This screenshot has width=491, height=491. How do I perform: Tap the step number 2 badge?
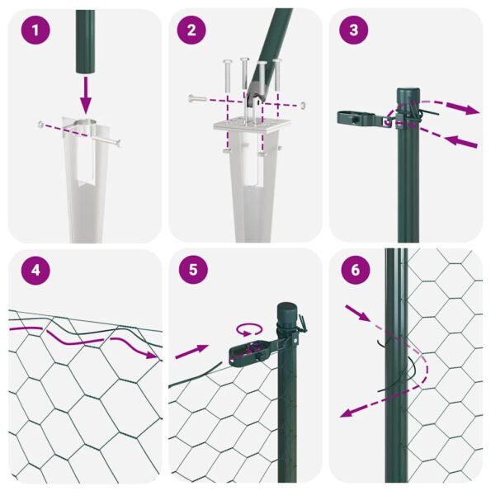pos(191,31)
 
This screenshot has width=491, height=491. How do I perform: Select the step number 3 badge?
pos(354,31)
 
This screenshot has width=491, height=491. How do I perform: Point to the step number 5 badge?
pos(191,271)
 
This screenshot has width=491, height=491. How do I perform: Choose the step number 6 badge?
pos(354,271)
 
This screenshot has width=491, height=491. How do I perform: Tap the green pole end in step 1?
pos(86,41)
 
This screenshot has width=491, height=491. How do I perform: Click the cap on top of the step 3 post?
pos(408,92)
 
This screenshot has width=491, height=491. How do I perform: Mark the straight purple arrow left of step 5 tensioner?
pos(191,352)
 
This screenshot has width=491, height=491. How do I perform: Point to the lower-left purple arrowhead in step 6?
pos(346,413)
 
